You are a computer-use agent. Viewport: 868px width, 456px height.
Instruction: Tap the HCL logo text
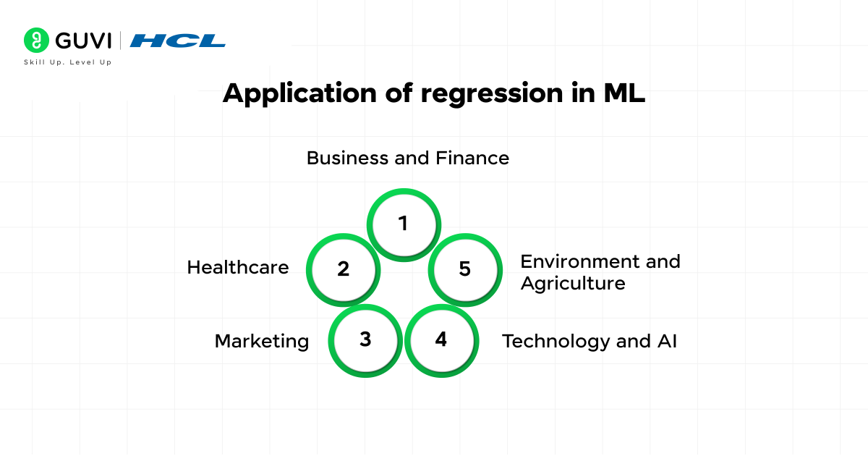coord(178,41)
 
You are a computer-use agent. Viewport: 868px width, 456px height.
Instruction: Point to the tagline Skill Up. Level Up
coord(68,62)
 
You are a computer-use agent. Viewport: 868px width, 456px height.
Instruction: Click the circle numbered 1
coord(404,224)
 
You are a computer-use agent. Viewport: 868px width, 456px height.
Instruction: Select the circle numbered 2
coord(343,269)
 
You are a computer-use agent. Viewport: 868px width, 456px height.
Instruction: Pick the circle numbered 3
coord(365,339)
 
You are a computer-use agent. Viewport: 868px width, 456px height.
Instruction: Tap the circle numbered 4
coord(441,339)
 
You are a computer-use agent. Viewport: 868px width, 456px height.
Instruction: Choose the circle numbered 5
coord(464,269)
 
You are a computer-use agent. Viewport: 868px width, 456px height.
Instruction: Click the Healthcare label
coord(238,267)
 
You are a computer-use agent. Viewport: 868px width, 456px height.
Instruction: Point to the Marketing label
coord(262,341)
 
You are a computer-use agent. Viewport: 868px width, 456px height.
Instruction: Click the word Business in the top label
coord(348,158)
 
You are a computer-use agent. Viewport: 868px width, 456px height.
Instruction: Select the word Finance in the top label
coord(472,158)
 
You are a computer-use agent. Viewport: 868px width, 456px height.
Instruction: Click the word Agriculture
coord(573,283)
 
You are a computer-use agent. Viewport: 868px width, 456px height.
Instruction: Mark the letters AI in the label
coord(667,341)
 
